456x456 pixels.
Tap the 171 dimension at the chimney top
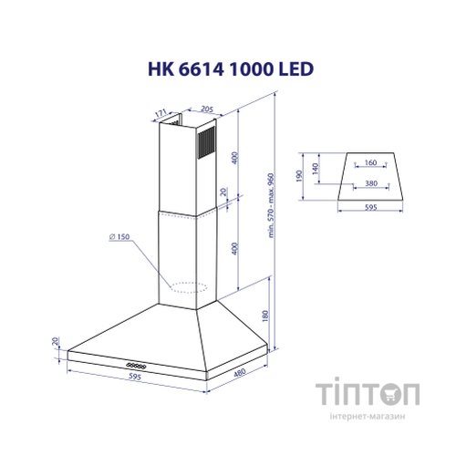click(161, 114)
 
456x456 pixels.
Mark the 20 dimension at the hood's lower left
click(56, 343)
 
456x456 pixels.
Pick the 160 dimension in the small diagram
click(370, 163)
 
